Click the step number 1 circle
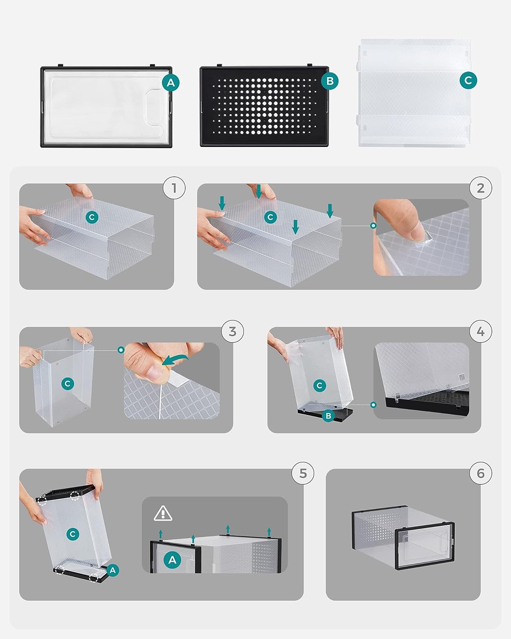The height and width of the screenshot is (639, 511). [x=174, y=188]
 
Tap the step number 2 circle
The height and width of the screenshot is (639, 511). [x=481, y=188]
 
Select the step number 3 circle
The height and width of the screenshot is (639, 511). [x=233, y=331]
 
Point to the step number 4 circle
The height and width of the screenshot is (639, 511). [x=481, y=331]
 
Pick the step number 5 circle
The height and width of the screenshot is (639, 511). [x=303, y=473]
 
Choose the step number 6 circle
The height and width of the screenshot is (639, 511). [x=481, y=473]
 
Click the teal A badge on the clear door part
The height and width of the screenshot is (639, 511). [x=171, y=82]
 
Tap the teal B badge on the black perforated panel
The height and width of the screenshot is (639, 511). [x=330, y=81]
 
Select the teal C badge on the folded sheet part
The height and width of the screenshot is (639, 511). [x=468, y=80]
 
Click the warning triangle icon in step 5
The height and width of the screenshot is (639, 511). [x=163, y=513]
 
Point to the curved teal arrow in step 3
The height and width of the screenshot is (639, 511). [x=175, y=360]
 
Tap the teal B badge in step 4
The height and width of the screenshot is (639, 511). [x=328, y=416]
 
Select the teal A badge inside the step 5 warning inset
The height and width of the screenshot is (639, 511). [x=172, y=560]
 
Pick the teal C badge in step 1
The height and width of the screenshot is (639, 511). [x=92, y=217]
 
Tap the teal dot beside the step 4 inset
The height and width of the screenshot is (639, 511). [x=373, y=405]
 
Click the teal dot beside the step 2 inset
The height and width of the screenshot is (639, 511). [x=373, y=226]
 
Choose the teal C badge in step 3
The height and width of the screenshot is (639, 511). [x=67, y=384]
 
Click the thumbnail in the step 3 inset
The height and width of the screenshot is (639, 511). [x=155, y=371]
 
